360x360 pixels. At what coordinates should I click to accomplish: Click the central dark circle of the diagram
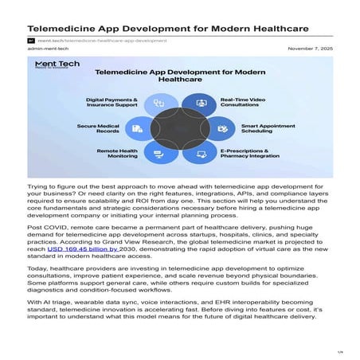click(180, 128)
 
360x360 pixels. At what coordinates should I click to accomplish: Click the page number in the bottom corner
click(339, 351)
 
